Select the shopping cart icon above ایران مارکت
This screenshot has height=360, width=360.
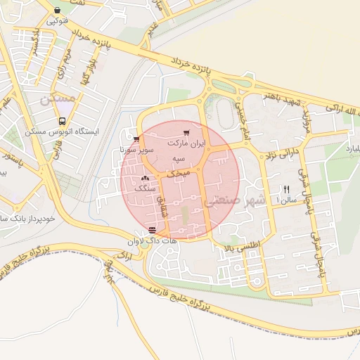(x=186, y=132)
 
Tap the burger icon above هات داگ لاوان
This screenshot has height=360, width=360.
(x=153, y=230)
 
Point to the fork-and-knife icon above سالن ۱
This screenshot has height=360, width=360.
(x=285, y=188)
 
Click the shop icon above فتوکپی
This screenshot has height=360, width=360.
(x=57, y=10)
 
